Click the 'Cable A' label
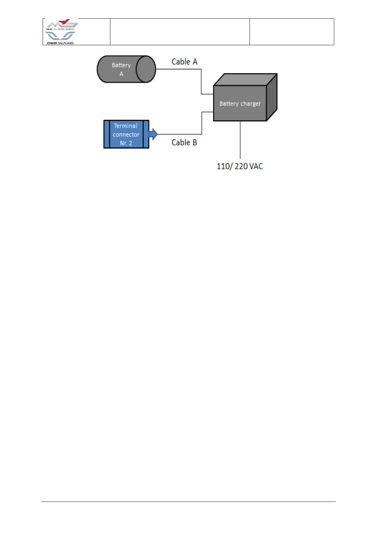(x=184, y=62)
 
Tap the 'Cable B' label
(x=184, y=142)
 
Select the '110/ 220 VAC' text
(x=240, y=166)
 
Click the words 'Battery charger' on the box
(x=240, y=104)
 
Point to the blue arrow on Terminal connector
(x=153, y=134)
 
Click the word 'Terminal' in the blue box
(x=126, y=126)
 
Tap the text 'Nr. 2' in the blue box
(x=126, y=143)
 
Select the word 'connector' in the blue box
(x=126, y=134)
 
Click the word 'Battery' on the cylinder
(x=121, y=65)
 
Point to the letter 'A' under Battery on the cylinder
(x=121, y=74)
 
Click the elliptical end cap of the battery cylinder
(x=146, y=69)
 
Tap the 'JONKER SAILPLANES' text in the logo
(x=60, y=43)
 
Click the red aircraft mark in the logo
(x=66, y=22)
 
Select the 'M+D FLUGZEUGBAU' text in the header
(x=61, y=29)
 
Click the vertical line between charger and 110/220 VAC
(x=240, y=140)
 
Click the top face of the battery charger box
(x=245, y=80)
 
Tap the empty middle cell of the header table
(x=180, y=32)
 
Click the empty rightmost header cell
(x=292, y=32)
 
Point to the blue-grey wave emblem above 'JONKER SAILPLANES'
(x=60, y=36)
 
